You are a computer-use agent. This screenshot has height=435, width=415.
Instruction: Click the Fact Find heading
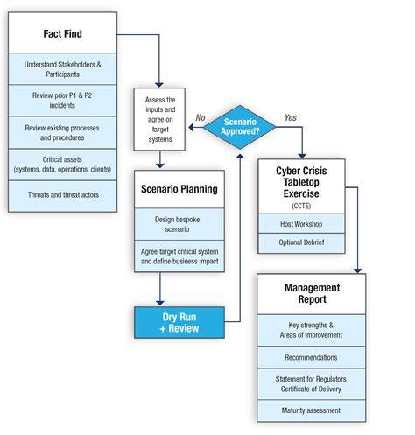pos(62,33)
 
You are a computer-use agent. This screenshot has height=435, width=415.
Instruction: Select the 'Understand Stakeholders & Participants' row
pos(62,69)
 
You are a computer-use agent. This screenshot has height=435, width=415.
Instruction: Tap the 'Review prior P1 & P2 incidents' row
pos(62,101)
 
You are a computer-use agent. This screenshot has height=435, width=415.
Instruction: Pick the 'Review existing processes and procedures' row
pos(62,132)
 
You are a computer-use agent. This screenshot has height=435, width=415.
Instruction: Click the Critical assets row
pos(62,165)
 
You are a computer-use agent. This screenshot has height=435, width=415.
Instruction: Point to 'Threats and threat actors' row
pos(62,196)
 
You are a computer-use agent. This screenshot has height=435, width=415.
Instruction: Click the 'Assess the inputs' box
pos(159,119)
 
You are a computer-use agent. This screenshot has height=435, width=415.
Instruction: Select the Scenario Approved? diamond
pos(240,127)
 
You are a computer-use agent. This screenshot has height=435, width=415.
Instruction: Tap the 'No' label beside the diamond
pos(200,117)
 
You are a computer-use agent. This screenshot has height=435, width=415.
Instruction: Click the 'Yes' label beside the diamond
pos(291,117)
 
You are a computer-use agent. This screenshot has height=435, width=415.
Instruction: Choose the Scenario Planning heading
pos(179,189)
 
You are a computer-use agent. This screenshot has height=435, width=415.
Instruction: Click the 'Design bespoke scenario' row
pos(179,224)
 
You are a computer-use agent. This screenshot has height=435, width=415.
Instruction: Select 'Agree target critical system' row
pos(179,256)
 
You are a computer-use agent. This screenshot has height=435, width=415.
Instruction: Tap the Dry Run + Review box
pos(179,322)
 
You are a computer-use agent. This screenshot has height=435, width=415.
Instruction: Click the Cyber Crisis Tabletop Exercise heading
pos(301,182)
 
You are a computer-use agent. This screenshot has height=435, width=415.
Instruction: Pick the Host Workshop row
pos(301,224)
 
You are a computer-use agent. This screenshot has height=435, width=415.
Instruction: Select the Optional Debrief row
pos(301,242)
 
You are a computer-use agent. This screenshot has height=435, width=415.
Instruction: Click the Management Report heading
pos(312,293)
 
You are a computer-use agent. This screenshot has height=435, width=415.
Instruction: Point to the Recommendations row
pos(311,357)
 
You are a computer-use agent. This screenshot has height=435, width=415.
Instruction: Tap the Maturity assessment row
pos(311,410)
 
